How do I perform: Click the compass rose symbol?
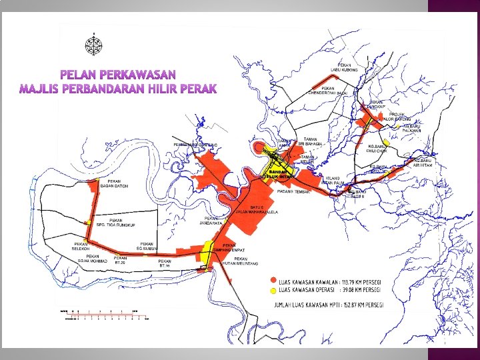(93, 45)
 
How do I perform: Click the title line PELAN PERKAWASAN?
(118, 74)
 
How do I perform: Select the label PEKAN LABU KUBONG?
(345, 67)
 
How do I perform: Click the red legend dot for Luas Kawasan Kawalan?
(273, 280)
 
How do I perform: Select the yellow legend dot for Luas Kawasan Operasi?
(273, 291)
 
